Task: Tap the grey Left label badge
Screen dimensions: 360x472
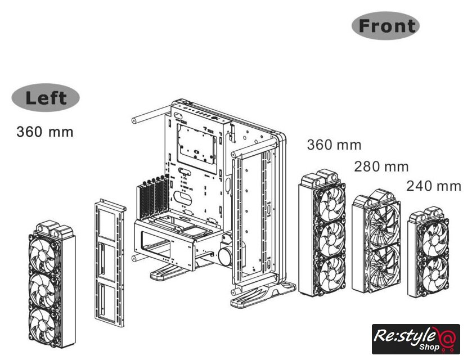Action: (46, 98)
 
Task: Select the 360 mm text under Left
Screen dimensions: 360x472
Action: (45, 132)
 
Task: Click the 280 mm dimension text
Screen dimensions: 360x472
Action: (381, 166)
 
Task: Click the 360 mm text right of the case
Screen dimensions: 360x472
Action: (334, 145)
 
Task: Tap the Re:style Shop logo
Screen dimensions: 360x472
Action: (416, 339)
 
